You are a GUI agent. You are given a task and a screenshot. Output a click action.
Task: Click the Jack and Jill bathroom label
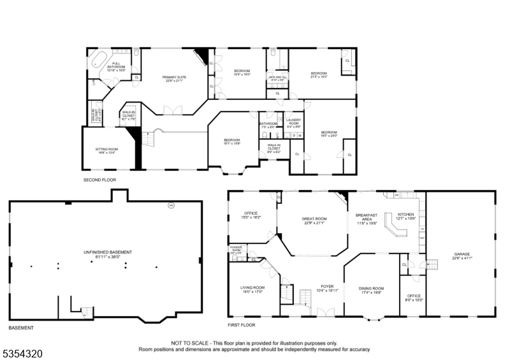(278, 76)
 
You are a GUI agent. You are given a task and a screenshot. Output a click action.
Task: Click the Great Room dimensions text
(314, 223)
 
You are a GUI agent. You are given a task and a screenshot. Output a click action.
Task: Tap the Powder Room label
(236, 248)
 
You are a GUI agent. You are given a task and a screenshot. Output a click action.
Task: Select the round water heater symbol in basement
(171, 205)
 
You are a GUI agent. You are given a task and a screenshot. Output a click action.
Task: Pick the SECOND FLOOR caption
(99, 180)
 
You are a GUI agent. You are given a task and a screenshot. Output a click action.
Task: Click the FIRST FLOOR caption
(242, 325)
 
